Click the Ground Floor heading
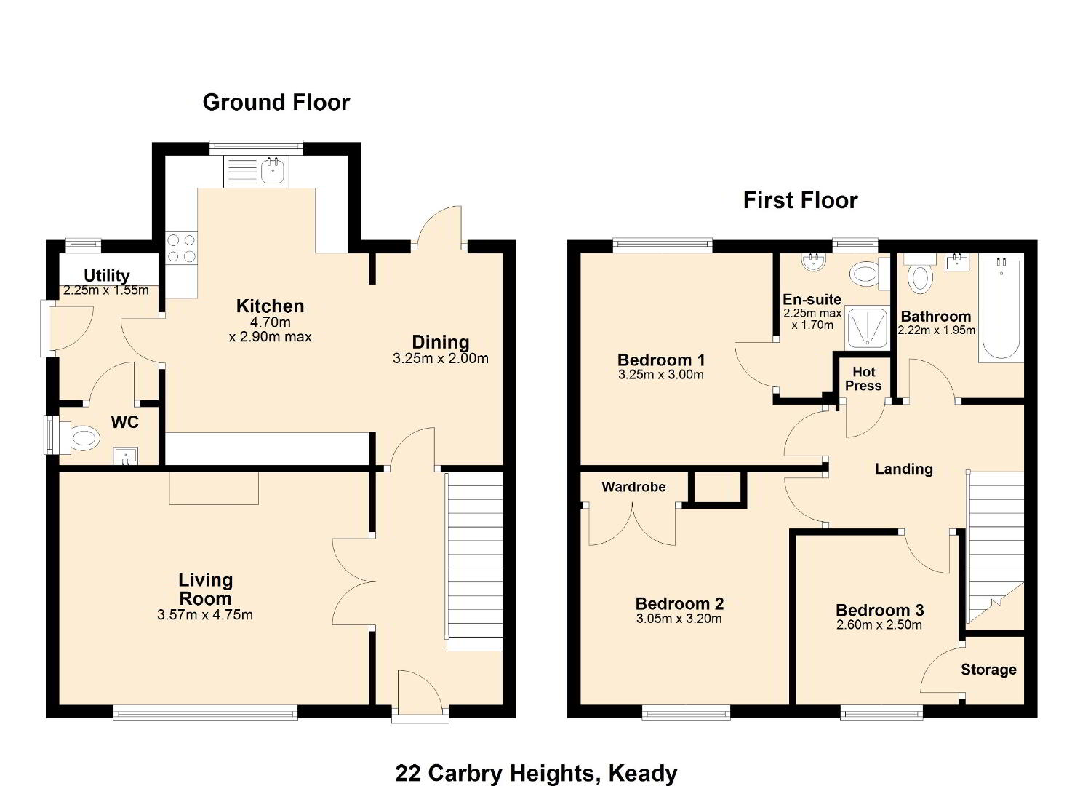pyautogui.click(x=276, y=103)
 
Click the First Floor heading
pyautogui.click(x=800, y=200)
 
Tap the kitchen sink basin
pyautogui.click(x=273, y=170)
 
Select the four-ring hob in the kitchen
pyautogui.click(x=181, y=248)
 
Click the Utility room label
pyautogui.click(x=107, y=276)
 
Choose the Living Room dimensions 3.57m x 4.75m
pyautogui.click(x=205, y=615)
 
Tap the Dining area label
pyautogui.click(x=441, y=342)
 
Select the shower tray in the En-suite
pyautogui.click(x=867, y=327)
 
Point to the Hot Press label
pyautogui.click(x=863, y=378)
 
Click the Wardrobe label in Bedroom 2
pyautogui.click(x=633, y=487)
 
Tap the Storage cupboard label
pyautogui.click(x=988, y=670)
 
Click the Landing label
pyautogui.click(x=904, y=469)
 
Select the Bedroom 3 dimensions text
pyautogui.click(x=879, y=625)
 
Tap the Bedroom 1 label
pyautogui.click(x=661, y=360)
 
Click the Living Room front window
pyautogui.click(x=205, y=712)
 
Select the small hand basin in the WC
pyautogui.click(x=125, y=456)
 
